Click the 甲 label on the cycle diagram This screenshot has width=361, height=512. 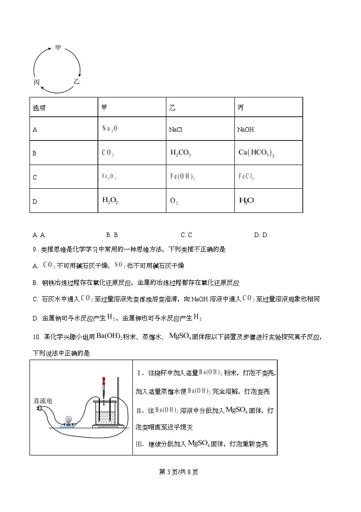point(58,47)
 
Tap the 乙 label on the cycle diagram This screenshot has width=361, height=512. point(76,82)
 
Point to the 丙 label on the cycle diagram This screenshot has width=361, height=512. point(37,82)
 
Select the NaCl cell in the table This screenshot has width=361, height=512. point(176,130)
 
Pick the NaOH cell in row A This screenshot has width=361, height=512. point(245,130)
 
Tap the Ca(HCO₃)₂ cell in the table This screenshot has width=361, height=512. point(256,153)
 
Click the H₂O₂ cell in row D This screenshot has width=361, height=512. point(110,200)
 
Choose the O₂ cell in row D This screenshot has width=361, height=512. point(173,201)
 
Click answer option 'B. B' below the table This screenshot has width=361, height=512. point(112,235)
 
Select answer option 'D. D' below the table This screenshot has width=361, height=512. point(260,235)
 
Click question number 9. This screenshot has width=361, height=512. point(35,249)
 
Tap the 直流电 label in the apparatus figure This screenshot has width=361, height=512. point(43,401)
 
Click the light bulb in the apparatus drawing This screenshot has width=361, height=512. point(68,420)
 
